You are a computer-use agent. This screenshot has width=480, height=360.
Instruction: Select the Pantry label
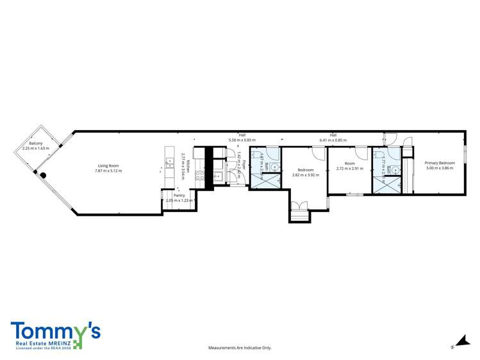tap(179, 195)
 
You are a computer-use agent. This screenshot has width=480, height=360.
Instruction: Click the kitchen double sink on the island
tap(169, 163)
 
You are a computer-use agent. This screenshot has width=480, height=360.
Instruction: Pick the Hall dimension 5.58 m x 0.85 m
tap(242, 139)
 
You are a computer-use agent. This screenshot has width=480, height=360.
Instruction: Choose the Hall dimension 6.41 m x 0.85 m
tap(333, 139)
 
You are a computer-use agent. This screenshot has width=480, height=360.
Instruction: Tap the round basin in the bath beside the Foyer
tap(274, 167)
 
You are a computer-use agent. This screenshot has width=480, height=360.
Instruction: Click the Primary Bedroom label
tap(440, 163)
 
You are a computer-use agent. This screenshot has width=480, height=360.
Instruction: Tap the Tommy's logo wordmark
tap(55, 332)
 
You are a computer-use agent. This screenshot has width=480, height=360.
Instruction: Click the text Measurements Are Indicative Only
tap(240, 348)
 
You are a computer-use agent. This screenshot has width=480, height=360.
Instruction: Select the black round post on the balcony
tap(43, 175)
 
